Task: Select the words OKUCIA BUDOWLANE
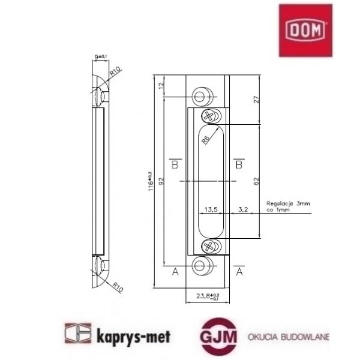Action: click(x=289, y=337)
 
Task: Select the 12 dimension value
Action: click(x=160, y=86)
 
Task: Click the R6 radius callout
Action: click(x=206, y=140)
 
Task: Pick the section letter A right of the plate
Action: click(x=239, y=272)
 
